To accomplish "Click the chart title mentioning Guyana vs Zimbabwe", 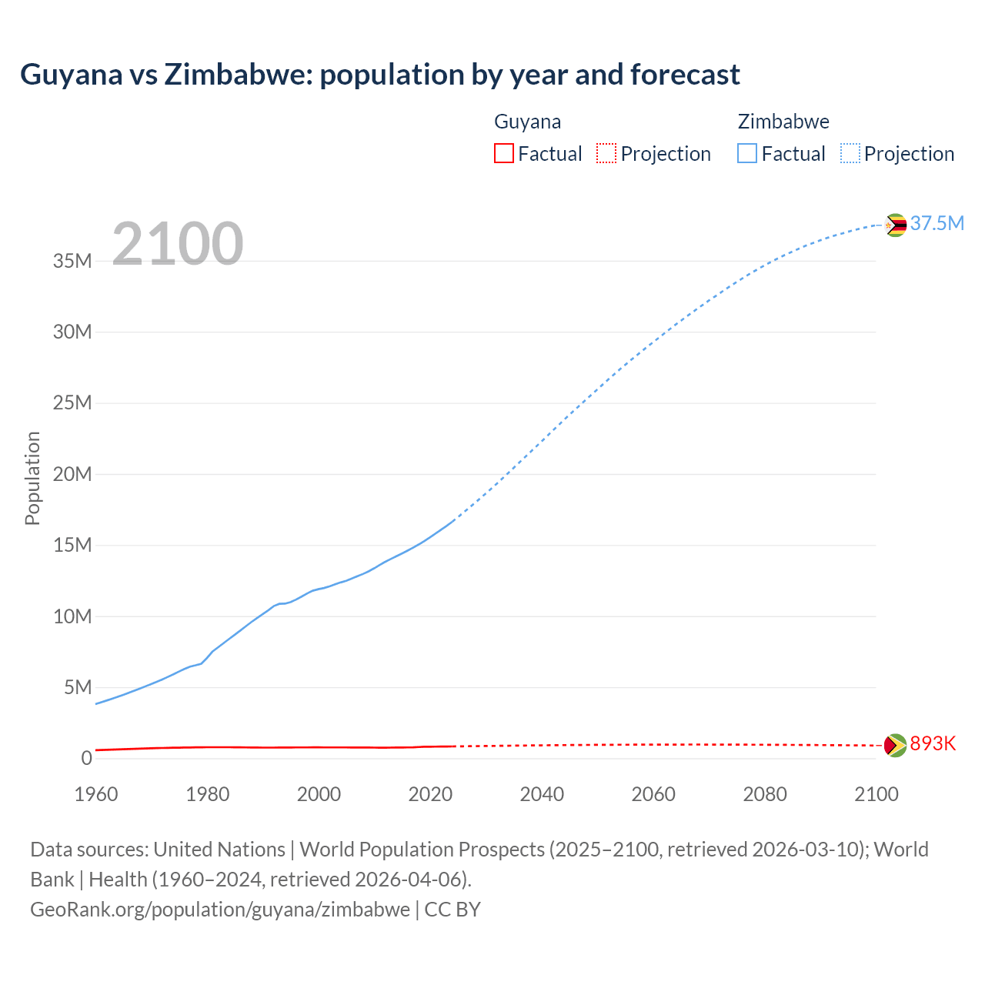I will (379, 75).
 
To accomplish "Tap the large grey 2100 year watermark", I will (178, 244).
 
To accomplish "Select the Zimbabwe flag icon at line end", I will (895, 225).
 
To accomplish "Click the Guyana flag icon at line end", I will (895, 745).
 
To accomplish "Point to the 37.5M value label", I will (937, 223).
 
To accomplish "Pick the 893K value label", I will (933, 743).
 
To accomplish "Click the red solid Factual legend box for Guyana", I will (504, 153).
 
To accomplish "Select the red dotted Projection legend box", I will (606, 153).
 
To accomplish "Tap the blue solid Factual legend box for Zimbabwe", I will (747, 153).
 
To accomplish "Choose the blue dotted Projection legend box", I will (850, 153).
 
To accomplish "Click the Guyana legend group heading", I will (527, 122).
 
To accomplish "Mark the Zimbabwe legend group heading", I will (783, 122).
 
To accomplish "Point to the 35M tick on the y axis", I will (72, 261).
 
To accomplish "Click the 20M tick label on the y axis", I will (72, 474).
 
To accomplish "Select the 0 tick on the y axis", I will (86, 758).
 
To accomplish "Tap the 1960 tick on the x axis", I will (96, 794).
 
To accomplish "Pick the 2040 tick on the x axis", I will (542, 794).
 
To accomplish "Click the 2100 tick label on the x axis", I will (876, 794).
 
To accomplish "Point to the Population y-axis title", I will (32, 478).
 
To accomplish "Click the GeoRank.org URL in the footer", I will (220, 910).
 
